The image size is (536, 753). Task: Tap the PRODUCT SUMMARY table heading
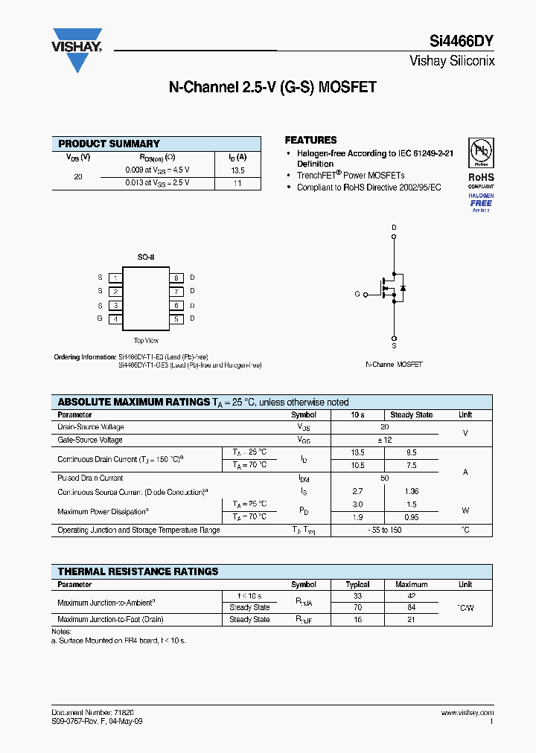click(x=109, y=144)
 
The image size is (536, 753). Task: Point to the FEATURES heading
click(x=310, y=140)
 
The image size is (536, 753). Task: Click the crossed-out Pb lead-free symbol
click(x=481, y=152)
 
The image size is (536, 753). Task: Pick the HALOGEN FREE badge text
click(x=481, y=199)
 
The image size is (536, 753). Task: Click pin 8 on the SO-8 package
click(x=176, y=278)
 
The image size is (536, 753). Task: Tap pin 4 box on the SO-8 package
click(x=115, y=318)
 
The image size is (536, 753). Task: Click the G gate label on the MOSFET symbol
click(x=357, y=294)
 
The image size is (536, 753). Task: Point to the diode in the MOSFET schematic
click(x=403, y=287)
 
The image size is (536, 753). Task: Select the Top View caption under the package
click(x=146, y=341)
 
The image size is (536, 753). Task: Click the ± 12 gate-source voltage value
click(x=384, y=440)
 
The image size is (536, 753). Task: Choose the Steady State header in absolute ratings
click(x=412, y=414)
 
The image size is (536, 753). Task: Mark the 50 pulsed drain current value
click(x=384, y=478)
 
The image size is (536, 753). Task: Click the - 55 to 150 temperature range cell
click(x=384, y=530)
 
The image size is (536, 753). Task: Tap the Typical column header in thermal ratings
click(x=357, y=584)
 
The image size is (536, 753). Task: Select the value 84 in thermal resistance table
click(x=412, y=607)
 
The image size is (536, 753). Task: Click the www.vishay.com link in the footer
click(x=467, y=713)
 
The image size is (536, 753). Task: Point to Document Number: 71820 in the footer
click(x=92, y=713)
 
